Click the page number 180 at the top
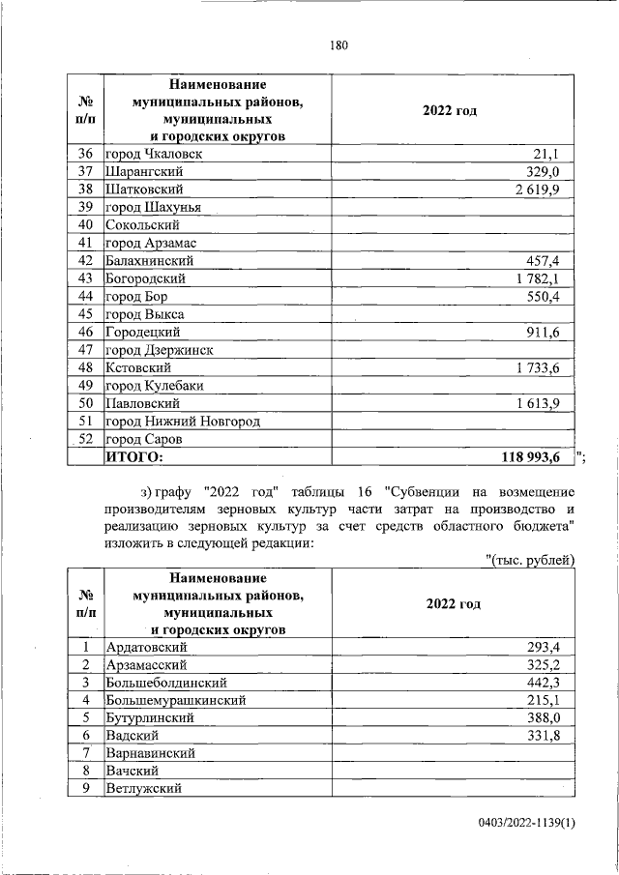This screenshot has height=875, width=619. point(338,45)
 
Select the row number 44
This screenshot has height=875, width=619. point(84,297)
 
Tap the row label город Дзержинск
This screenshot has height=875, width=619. point(159,350)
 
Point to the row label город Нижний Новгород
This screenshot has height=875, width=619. point(183,422)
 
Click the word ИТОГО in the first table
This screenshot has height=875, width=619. point(134,457)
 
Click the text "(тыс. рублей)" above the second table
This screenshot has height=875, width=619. point(529,560)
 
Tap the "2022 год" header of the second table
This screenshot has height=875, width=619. point(453,603)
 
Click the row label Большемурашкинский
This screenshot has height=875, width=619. point(175,700)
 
